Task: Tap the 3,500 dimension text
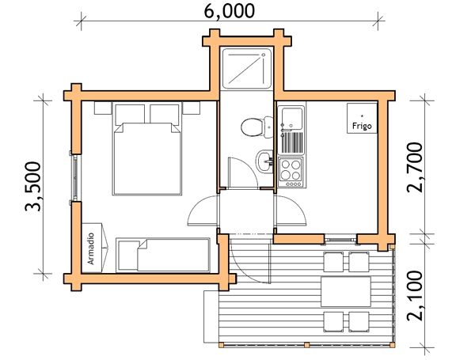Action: tap(32, 187)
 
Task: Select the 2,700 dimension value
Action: tap(414, 167)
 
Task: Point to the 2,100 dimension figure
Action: tap(414, 295)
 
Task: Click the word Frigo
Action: tap(362, 126)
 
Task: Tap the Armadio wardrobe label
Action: tap(91, 248)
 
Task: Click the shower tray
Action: tap(246, 69)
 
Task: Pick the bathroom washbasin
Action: tap(265, 161)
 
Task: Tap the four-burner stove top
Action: tap(291, 172)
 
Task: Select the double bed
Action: tap(147, 149)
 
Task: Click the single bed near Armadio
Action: tap(163, 255)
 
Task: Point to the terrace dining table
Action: tap(346, 291)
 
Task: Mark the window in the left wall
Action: tap(75, 178)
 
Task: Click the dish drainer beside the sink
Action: tap(292, 142)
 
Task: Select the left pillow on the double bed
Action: tap(130, 114)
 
